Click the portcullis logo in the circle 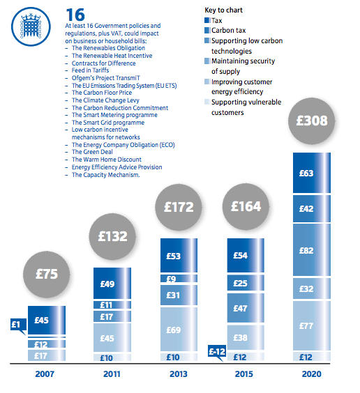[x=31, y=26]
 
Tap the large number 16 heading [x=75, y=15]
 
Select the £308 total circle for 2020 [x=312, y=121]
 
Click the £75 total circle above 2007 [x=47, y=275]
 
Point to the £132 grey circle [x=112, y=237]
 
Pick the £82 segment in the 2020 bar [x=312, y=250]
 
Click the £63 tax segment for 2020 [x=312, y=173]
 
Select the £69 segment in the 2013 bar [x=179, y=330]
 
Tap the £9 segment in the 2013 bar [x=179, y=279]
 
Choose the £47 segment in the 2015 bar [x=246, y=308]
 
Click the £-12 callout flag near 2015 [x=217, y=352]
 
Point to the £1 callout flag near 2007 [x=18, y=325]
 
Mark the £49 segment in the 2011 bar [x=112, y=284]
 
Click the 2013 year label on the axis [x=179, y=374]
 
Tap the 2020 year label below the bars [x=312, y=374]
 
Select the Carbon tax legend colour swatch [x=207, y=31]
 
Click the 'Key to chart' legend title [x=223, y=10]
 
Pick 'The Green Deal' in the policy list [x=92, y=152]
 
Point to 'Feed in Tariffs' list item [x=90, y=70]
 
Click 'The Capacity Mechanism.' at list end [x=105, y=175]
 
